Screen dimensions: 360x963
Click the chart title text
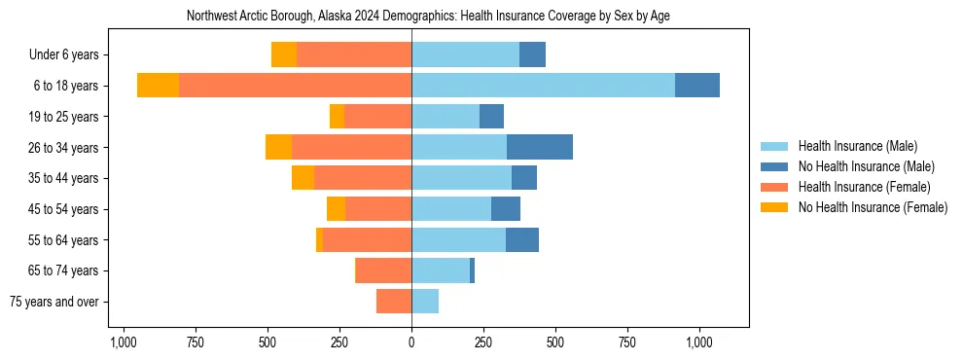click(x=427, y=17)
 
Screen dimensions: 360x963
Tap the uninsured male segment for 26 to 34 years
click(x=540, y=147)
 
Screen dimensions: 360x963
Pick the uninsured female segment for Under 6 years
click(x=284, y=54)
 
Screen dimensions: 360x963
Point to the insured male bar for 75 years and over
click(x=425, y=302)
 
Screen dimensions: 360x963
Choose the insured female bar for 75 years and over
click(x=394, y=302)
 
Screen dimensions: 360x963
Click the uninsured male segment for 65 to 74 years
click(x=472, y=270)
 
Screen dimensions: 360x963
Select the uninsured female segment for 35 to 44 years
click(x=303, y=178)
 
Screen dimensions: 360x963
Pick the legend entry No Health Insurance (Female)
click(x=873, y=207)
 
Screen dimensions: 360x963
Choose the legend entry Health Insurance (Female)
click(x=864, y=187)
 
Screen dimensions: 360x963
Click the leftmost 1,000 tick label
click(x=123, y=342)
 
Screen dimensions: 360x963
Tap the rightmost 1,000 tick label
click(x=700, y=342)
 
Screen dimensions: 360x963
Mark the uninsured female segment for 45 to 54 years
click(x=336, y=209)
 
